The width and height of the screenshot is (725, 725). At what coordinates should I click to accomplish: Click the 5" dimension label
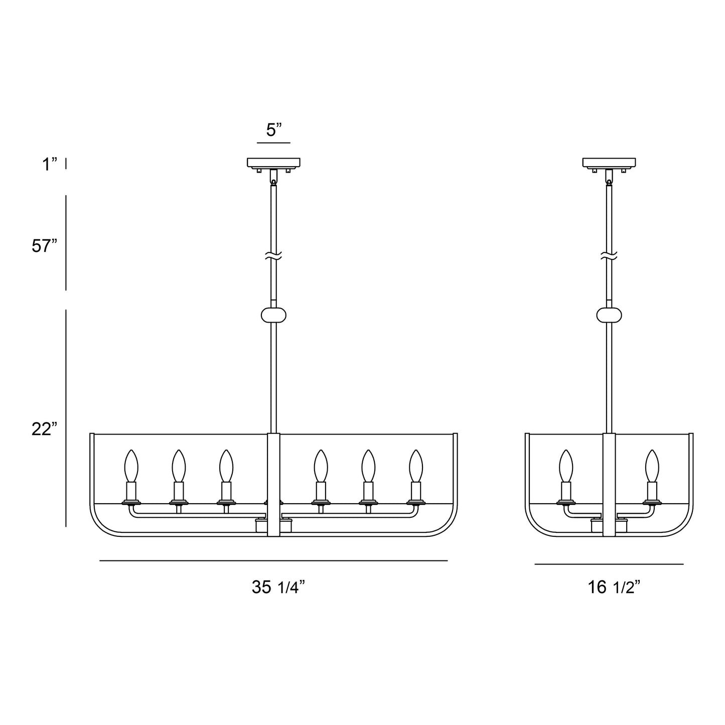pyautogui.click(x=273, y=130)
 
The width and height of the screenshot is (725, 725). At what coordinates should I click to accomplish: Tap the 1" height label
pyautogui.click(x=49, y=165)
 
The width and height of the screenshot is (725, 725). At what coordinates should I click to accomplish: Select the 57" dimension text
pyautogui.click(x=44, y=246)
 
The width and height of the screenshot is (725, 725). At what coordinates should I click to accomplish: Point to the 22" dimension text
pyautogui.click(x=44, y=429)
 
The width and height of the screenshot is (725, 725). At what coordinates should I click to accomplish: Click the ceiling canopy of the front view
pyautogui.click(x=273, y=163)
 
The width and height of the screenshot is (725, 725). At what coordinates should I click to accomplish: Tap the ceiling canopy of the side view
pyautogui.click(x=609, y=163)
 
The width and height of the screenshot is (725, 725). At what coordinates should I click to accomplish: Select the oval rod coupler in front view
pyautogui.click(x=273, y=315)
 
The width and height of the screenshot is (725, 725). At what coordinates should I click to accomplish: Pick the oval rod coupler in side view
pyautogui.click(x=609, y=315)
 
